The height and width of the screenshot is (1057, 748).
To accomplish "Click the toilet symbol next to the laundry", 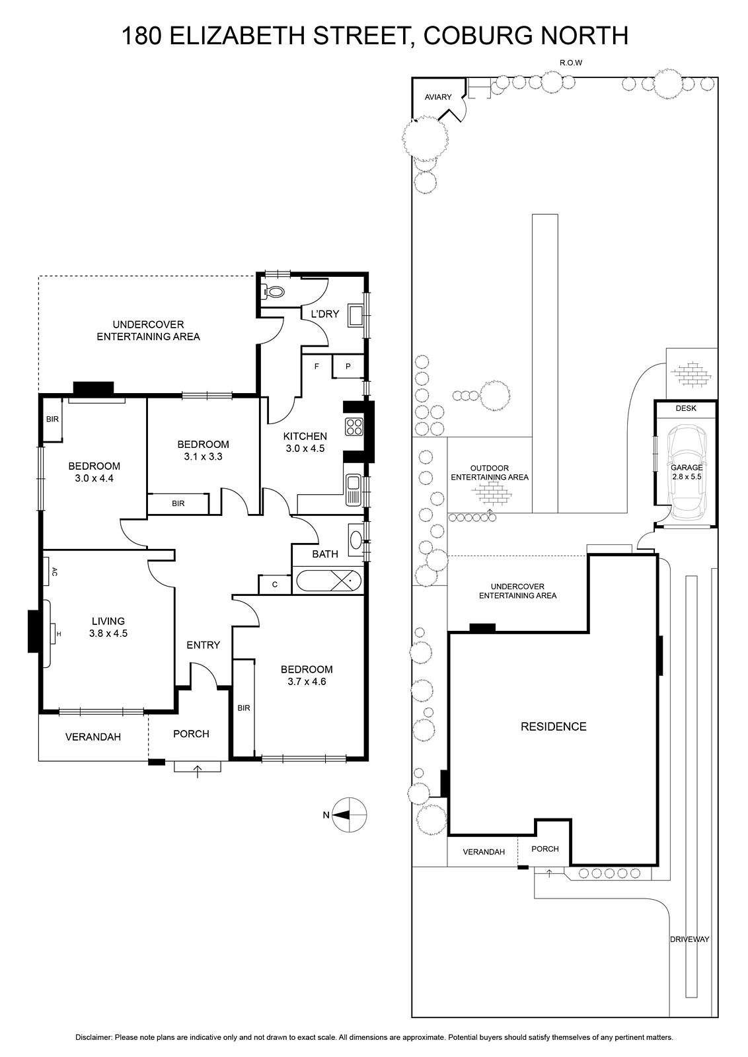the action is click(274, 291).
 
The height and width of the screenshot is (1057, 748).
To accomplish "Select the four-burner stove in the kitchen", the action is click(354, 427).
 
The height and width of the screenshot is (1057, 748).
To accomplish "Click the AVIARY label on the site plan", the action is click(438, 97).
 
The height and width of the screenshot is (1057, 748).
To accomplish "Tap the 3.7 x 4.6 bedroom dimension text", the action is click(307, 681).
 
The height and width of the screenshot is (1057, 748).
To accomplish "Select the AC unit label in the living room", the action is click(54, 572).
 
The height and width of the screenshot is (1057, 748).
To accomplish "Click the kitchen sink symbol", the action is click(353, 490).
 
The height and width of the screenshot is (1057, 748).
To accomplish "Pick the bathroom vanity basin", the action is click(355, 538).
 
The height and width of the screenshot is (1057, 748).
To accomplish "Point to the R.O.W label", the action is click(571, 63).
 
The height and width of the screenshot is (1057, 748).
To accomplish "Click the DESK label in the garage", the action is click(686, 408).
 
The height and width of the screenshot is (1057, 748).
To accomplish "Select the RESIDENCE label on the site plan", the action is click(554, 727).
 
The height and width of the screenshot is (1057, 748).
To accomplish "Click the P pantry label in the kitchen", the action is click(348, 366).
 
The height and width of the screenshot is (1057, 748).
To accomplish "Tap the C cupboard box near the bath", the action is click(275, 585).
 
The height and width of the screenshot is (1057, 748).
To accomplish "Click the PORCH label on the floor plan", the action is click(191, 734).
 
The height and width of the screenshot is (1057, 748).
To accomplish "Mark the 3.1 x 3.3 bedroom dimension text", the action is click(203, 456).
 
